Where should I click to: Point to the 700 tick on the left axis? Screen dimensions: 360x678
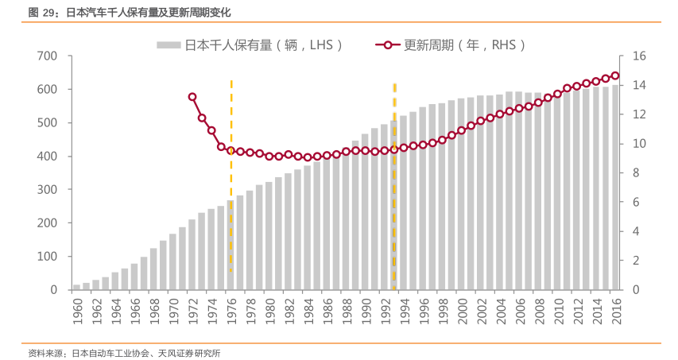46,56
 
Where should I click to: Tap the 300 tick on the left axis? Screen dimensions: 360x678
46,190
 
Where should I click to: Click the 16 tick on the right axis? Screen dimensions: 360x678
640,56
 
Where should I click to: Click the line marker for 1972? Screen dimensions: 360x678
192,97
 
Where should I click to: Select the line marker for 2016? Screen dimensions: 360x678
615,75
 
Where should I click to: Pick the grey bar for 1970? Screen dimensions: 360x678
172,262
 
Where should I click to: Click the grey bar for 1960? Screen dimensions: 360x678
77,287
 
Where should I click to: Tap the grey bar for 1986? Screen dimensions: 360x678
326,224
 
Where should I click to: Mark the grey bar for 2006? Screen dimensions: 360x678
518,191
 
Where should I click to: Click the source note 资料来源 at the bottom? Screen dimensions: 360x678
124,352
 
